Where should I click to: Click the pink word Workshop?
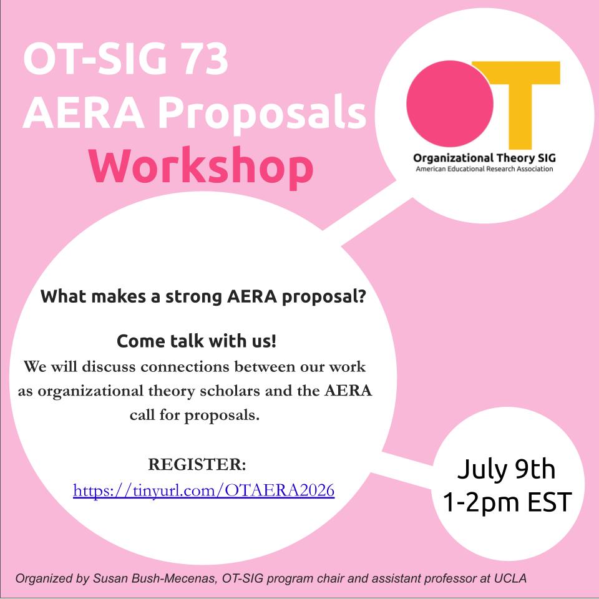202,167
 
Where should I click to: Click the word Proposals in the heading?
263,114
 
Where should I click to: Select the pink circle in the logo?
450,104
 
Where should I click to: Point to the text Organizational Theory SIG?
484,158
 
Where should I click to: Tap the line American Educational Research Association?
484,169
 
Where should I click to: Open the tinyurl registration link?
203,490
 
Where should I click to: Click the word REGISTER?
197,464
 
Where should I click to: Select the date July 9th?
506,469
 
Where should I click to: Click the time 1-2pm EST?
507,502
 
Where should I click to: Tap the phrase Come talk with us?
197,341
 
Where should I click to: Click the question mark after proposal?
363,296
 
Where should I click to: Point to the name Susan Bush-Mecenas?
154,578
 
